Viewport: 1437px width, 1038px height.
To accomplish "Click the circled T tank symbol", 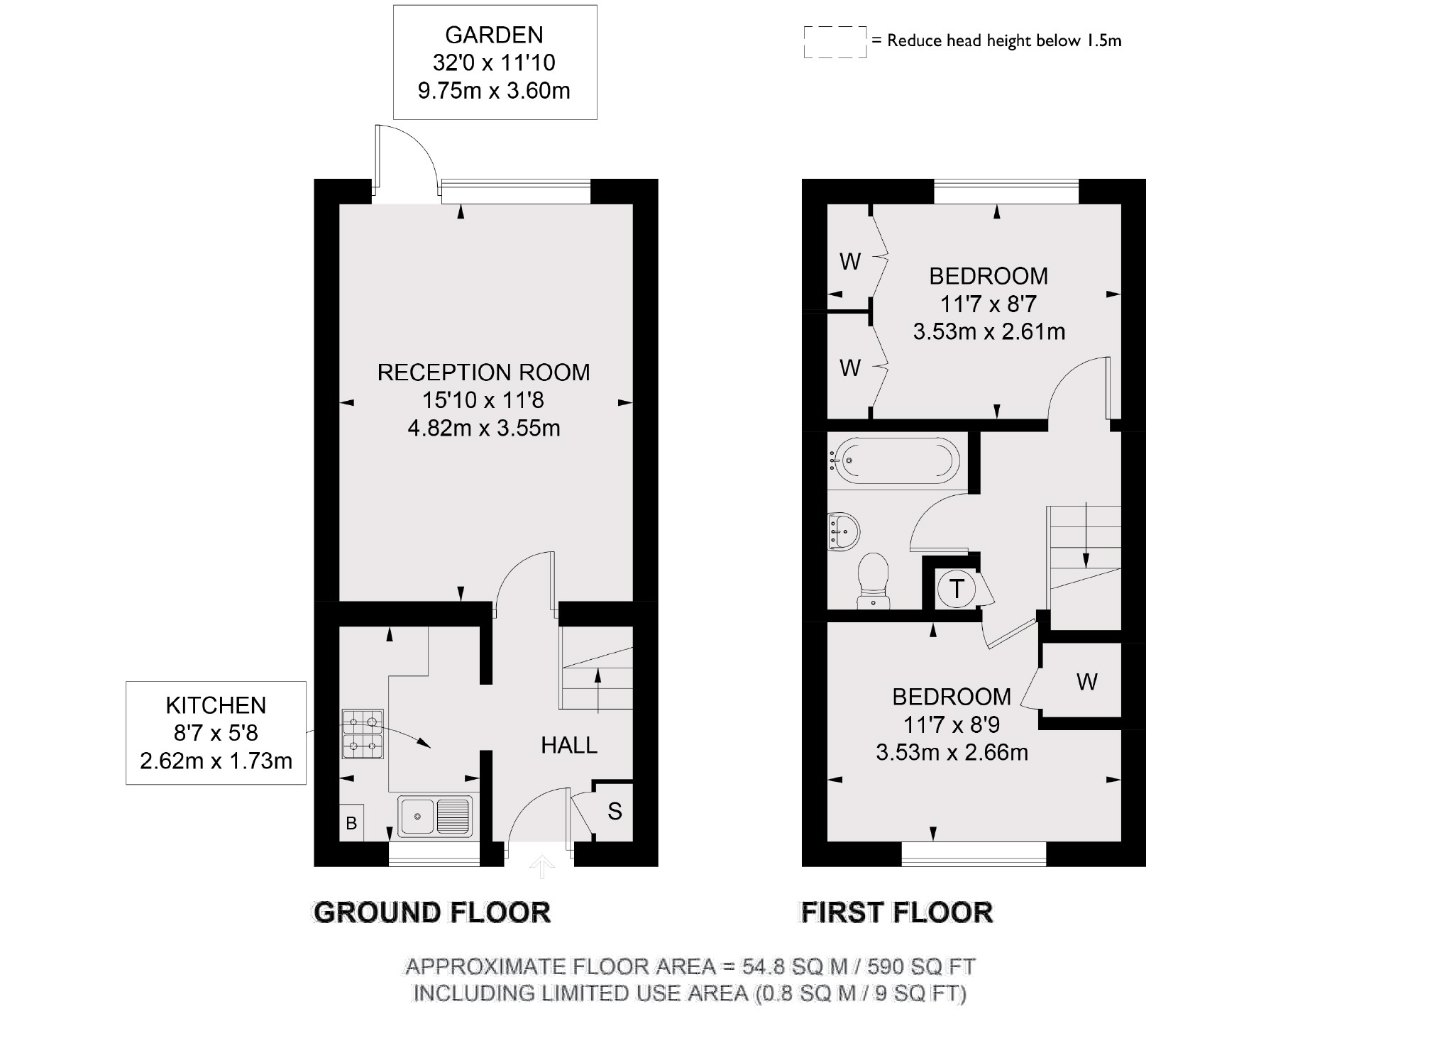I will pyautogui.click(x=957, y=589).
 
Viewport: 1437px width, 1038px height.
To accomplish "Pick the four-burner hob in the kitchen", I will pyautogui.click(x=363, y=734).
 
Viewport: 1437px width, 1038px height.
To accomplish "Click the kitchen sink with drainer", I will pyautogui.click(x=435, y=816).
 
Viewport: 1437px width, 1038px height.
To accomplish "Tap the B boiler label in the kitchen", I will pyautogui.click(x=351, y=823).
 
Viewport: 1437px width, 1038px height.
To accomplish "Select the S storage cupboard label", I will pyautogui.click(x=615, y=811).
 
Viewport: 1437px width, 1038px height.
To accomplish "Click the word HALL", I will pyautogui.click(x=569, y=745).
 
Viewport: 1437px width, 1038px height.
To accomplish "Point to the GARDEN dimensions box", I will pyautogui.click(x=495, y=62).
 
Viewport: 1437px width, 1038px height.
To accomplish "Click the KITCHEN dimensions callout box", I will pyautogui.click(x=216, y=733).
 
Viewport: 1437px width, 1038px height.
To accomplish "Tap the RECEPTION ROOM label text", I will pyautogui.click(x=483, y=372).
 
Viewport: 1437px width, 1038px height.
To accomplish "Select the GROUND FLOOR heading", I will pyautogui.click(x=431, y=912).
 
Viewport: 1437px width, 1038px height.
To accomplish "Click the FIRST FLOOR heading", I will pyautogui.click(x=896, y=912).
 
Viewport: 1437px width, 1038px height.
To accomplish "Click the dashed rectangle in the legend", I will pyautogui.click(x=835, y=42).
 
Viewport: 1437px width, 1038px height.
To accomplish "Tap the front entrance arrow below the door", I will pyautogui.click(x=542, y=866).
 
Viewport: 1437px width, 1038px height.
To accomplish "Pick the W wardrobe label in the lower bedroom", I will pyautogui.click(x=1086, y=682).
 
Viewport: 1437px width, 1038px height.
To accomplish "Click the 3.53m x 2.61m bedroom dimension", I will pyautogui.click(x=989, y=331).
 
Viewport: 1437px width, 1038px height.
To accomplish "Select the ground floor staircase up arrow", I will pyautogui.click(x=598, y=688).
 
